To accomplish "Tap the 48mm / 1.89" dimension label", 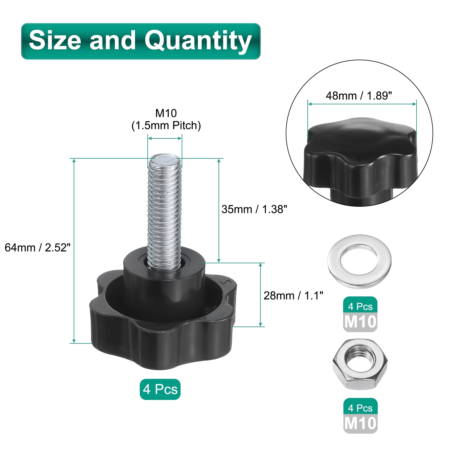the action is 359,96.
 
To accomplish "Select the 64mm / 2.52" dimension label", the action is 37,247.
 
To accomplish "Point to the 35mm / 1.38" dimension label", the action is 254,209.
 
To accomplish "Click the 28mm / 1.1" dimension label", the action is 293,296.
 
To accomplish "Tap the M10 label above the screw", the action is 166,113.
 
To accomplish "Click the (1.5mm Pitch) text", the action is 166,125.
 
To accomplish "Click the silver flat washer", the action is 359,262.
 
